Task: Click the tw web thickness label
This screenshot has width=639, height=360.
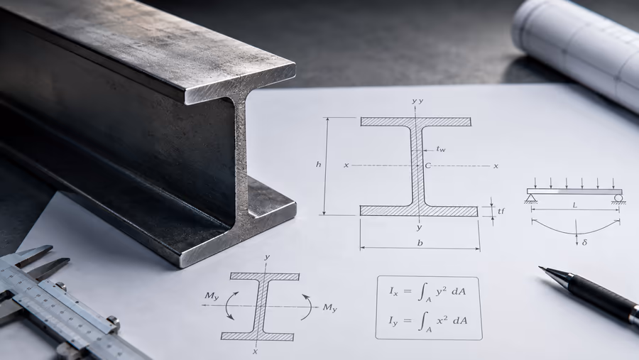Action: tap(441, 149)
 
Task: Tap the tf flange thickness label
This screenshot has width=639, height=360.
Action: tap(501, 211)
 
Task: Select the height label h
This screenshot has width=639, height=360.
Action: tap(319, 164)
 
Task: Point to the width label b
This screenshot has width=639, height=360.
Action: tap(420, 243)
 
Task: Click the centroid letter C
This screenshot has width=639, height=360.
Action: tap(428, 165)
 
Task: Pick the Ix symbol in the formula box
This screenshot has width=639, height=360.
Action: tap(393, 291)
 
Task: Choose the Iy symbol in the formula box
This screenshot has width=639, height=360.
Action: tap(393, 321)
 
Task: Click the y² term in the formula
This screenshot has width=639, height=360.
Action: tap(442, 290)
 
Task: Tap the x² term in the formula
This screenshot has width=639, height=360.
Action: tap(442, 320)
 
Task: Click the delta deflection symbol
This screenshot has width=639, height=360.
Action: tap(585, 242)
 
